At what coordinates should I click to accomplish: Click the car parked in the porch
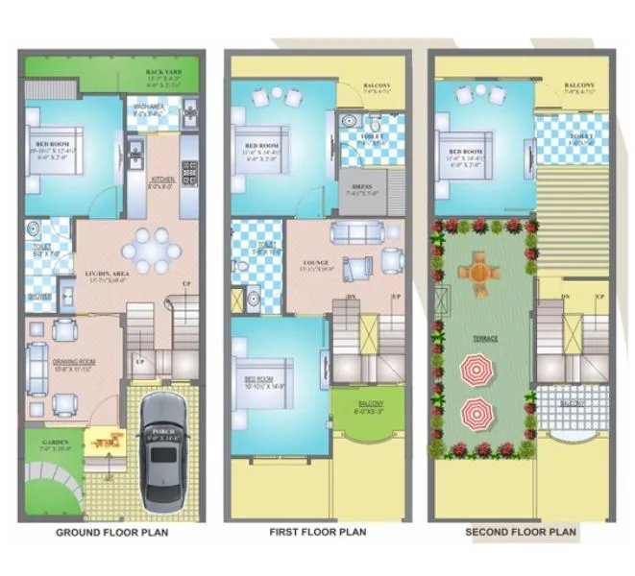164,450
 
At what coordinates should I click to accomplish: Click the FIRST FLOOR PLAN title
318,532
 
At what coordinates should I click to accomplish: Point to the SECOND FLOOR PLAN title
521,532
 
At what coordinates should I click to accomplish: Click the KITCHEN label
160,180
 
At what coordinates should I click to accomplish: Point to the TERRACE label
483,338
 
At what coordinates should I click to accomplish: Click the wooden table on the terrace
476,271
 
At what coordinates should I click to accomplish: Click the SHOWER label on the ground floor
39,296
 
